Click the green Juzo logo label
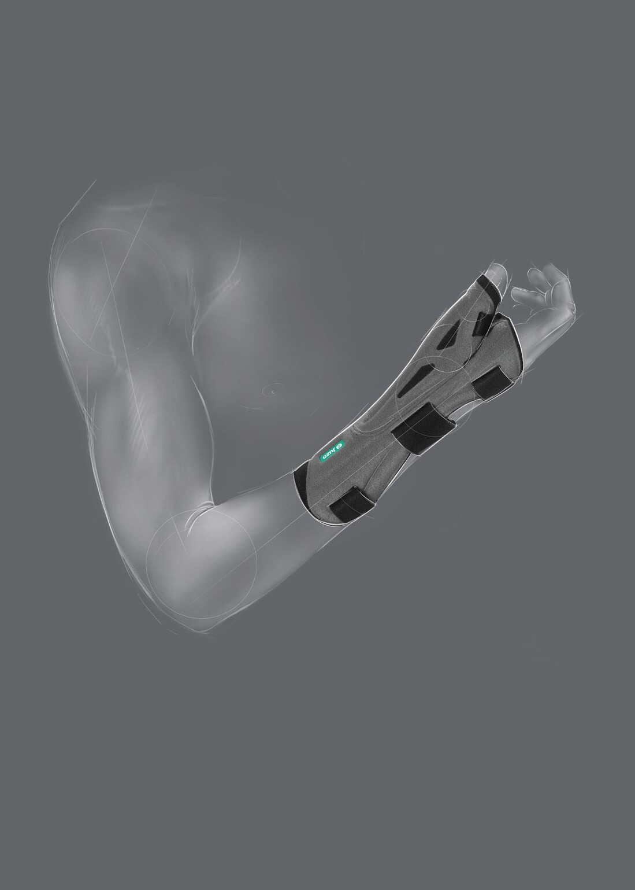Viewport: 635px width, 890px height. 333,451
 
